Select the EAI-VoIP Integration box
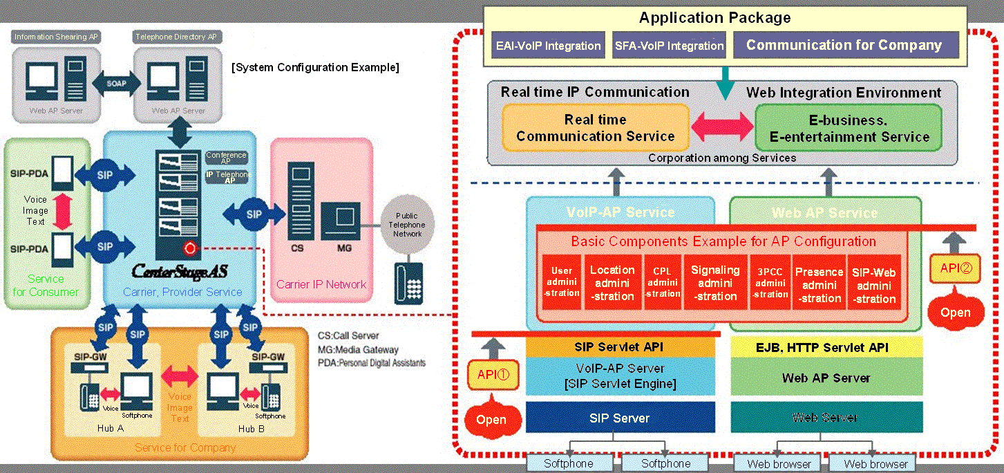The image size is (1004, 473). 549,46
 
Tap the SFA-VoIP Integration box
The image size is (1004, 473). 669,46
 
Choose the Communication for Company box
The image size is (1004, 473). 844,46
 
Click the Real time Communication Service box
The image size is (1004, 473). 595,128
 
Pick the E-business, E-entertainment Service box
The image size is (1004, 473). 848,128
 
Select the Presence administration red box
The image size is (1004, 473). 819,285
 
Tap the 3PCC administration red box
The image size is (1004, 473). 770,285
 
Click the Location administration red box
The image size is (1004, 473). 612,284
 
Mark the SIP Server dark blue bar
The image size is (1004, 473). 619,418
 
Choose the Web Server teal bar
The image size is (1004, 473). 826,418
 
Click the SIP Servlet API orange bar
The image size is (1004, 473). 619,347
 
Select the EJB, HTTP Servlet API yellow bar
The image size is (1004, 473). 826,347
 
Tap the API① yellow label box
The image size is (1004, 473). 493,374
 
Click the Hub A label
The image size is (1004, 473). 111,429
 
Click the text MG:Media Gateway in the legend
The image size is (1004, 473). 357,349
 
